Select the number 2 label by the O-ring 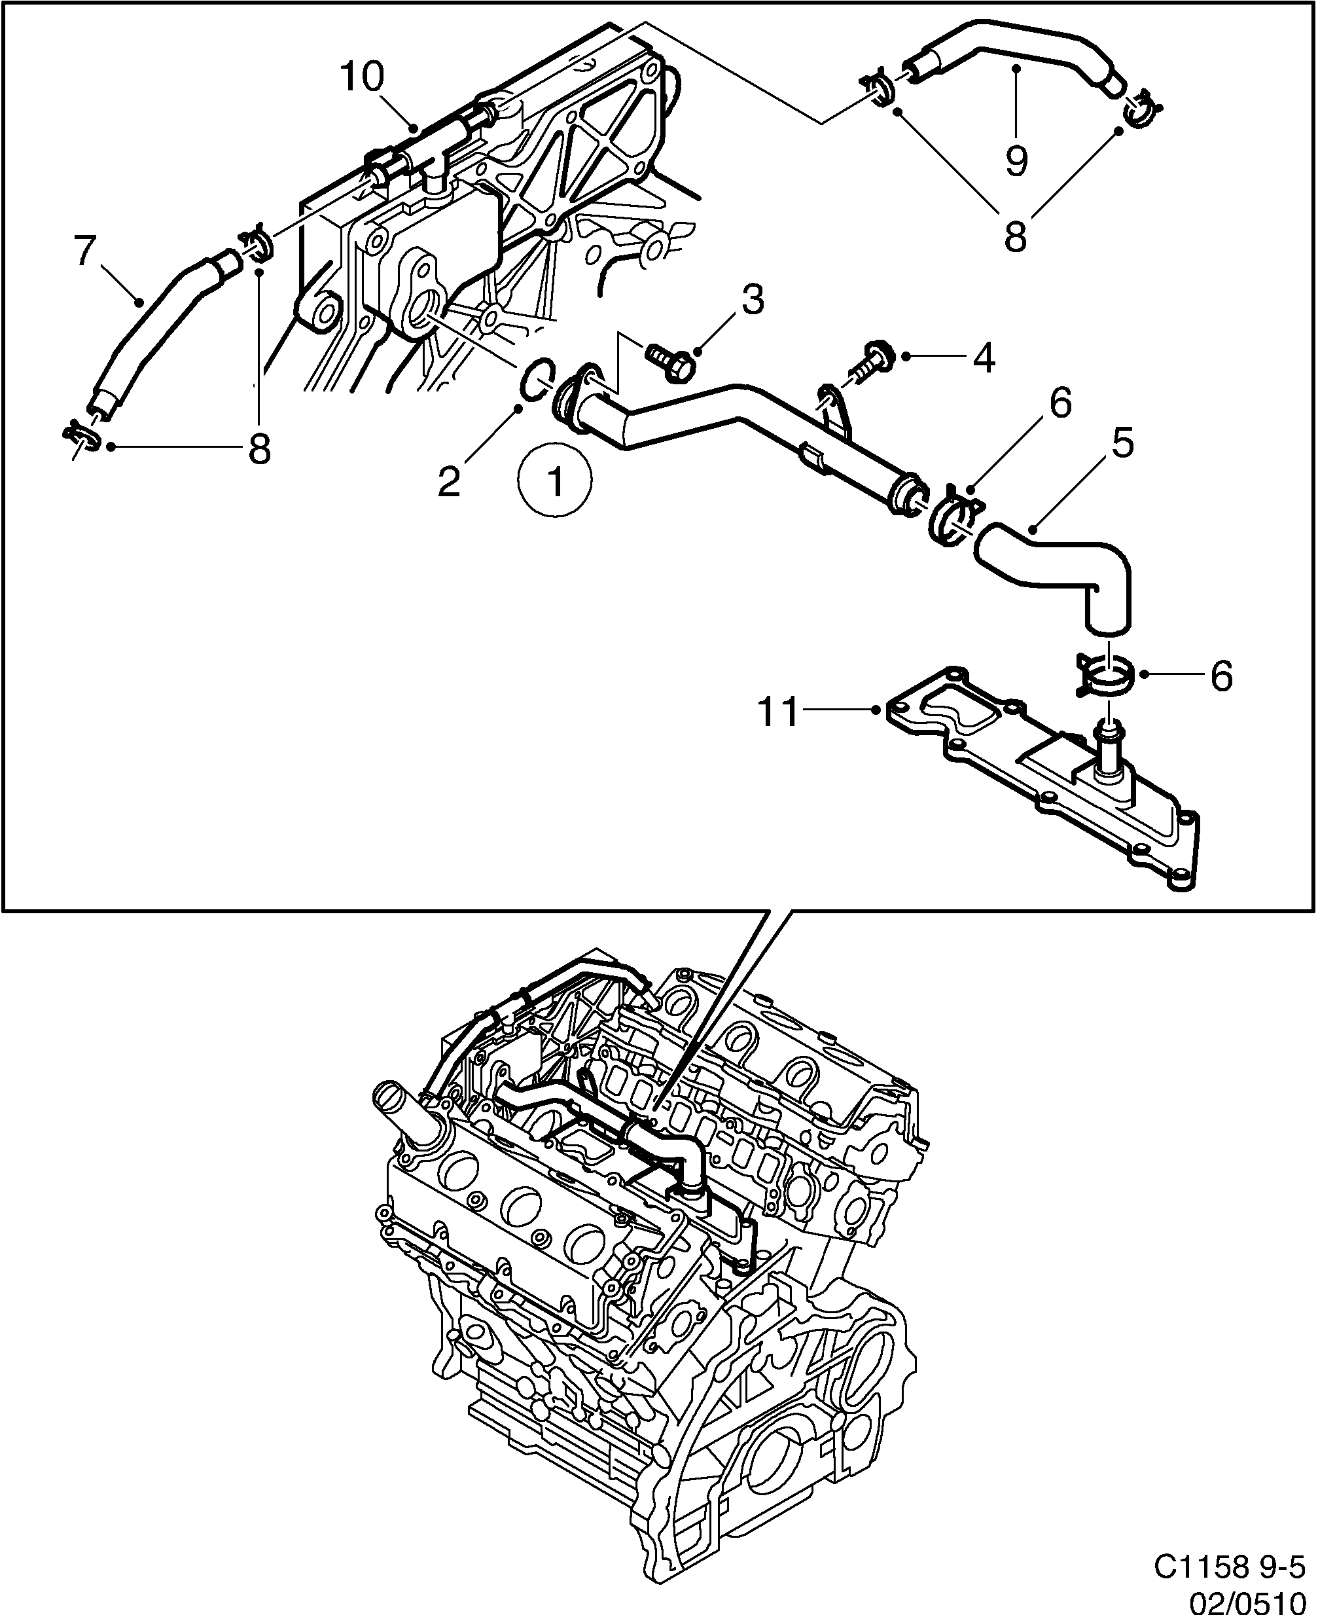pyautogui.click(x=449, y=481)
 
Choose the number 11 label pyautogui.click(x=779, y=712)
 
